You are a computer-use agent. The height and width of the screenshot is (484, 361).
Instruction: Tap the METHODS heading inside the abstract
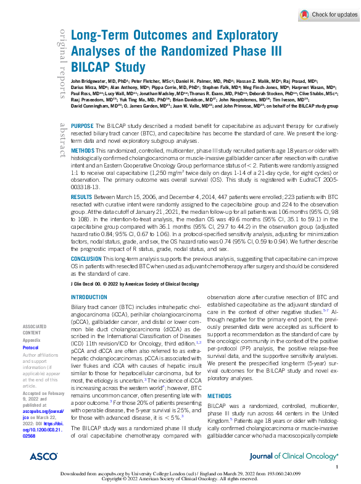click(83, 151)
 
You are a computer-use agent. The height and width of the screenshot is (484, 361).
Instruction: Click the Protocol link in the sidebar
click(31, 347)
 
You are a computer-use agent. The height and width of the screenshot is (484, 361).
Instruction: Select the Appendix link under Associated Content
click(31, 339)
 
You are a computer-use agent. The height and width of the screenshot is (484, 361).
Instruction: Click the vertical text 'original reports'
click(63, 62)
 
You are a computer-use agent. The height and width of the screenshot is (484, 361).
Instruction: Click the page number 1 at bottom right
click(336, 467)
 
